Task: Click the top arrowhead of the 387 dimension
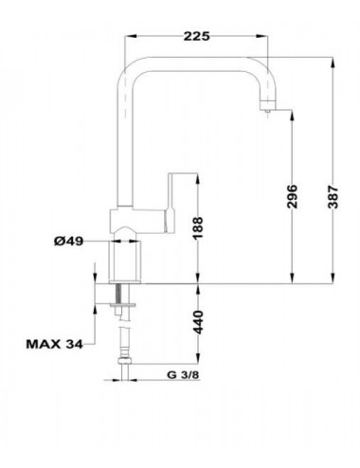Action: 333,63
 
